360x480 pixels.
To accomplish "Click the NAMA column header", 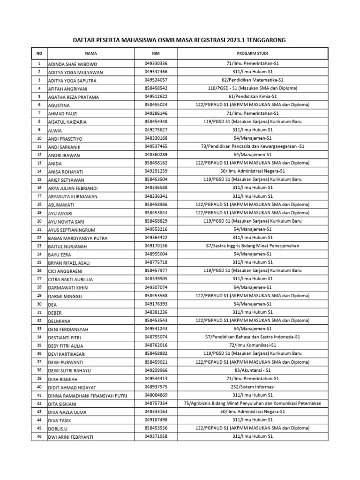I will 91,53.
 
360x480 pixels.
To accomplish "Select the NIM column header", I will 156,53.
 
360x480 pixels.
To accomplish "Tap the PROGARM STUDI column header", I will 253,53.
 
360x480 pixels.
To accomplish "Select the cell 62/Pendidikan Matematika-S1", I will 253,80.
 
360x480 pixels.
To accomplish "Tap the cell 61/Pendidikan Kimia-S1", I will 253,97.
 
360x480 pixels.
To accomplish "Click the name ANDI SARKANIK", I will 66,146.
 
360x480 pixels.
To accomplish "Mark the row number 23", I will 39,245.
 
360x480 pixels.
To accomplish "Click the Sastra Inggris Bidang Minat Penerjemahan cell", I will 253,245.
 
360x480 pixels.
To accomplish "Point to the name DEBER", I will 55,312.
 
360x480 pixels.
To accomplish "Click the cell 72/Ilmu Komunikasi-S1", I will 253,345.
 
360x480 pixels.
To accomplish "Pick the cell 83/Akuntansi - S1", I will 253,369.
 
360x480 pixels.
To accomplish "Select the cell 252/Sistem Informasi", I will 253,386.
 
